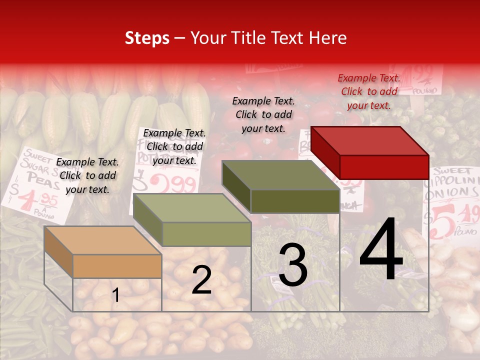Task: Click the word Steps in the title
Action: [x=147, y=38]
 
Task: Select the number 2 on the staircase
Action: [x=201, y=280]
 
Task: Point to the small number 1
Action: [x=116, y=295]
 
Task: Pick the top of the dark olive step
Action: [x=280, y=175]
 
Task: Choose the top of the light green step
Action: [x=192, y=208]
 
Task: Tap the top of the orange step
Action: [x=102, y=240]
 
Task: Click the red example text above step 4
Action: [x=369, y=91]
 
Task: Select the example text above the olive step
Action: [x=263, y=114]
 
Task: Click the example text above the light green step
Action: [x=174, y=146]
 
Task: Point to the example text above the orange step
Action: [x=87, y=175]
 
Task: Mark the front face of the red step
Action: [x=384, y=166]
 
